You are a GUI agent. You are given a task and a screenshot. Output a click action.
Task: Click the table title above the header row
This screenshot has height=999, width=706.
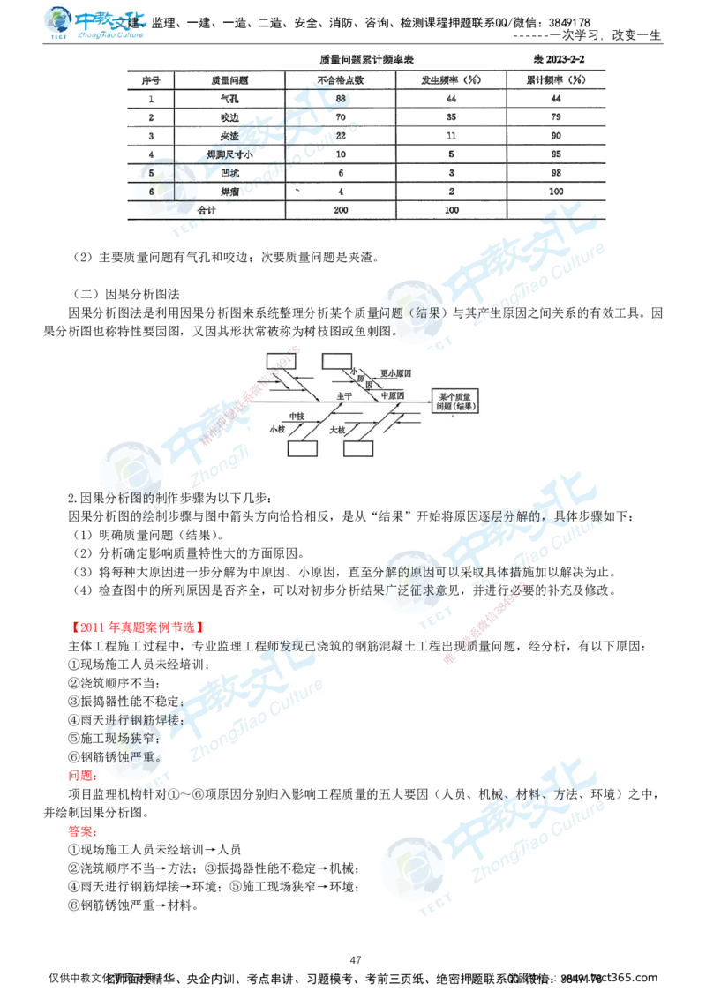(367, 58)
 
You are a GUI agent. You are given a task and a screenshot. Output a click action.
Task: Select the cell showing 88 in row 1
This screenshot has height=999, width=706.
(340, 98)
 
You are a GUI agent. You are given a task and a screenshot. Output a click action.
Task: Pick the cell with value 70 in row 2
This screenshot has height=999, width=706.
(340, 116)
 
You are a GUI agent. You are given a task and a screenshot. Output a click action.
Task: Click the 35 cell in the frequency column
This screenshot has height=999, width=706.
(452, 116)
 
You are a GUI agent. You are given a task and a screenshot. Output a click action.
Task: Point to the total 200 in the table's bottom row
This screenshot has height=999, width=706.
(342, 209)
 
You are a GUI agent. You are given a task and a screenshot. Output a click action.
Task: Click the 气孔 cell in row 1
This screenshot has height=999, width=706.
(228, 98)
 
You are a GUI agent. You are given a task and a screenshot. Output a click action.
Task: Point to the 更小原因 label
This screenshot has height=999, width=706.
(397, 373)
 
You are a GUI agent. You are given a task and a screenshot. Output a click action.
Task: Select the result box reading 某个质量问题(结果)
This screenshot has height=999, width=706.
(454, 402)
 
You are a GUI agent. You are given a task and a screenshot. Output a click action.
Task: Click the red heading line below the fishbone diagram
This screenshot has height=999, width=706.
(137, 628)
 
